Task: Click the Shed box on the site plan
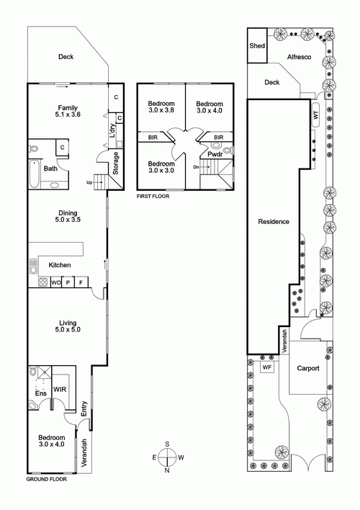[257, 45]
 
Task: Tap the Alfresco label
[299, 57]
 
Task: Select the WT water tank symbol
[316, 115]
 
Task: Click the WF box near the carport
[267, 367]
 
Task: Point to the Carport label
[308, 368]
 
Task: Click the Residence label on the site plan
[274, 221]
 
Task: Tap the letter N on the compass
[167, 470]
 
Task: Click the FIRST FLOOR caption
[153, 196]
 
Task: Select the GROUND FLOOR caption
[47, 479]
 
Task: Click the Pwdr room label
[215, 154]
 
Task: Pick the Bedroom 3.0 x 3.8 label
[161, 107]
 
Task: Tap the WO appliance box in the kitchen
[56, 282]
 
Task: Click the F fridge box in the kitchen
[81, 282]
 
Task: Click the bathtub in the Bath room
[34, 174]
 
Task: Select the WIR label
[60, 389]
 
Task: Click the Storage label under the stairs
[116, 164]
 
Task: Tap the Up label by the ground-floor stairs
[89, 182]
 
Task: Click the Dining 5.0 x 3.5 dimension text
[68, 220]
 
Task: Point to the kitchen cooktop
[43, 282]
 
